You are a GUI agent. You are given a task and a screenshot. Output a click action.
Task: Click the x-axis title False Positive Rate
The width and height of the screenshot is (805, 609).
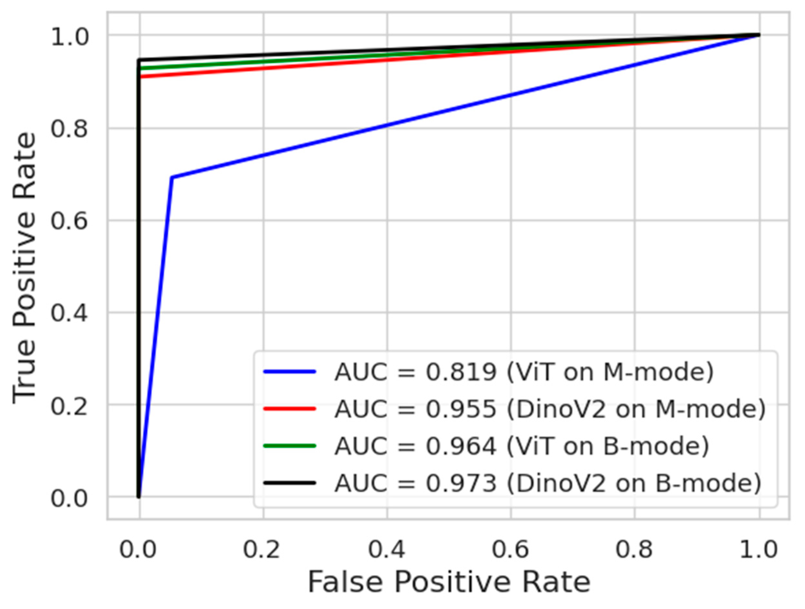pyautogui.click(x=449, y=583)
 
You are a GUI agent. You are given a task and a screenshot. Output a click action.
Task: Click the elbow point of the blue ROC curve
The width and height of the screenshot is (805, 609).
pyautogui.click(x=172, y=178)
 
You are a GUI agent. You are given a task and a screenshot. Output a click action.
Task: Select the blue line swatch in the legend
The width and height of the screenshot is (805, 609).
pyautogui.click(x=290, y=371)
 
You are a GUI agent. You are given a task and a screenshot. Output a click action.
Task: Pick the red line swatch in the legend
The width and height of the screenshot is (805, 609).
pyautogui.click(x=290, y=408)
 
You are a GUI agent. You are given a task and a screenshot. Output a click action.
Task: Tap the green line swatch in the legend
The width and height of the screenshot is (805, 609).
pyautogui.click(x=290, y=446)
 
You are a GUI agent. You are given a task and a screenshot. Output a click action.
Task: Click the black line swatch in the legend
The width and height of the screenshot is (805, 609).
pyautogui.click(x=290, y=483)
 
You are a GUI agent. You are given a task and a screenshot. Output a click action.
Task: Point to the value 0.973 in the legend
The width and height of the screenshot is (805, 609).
pyautogui.click(x=461, y=483)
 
